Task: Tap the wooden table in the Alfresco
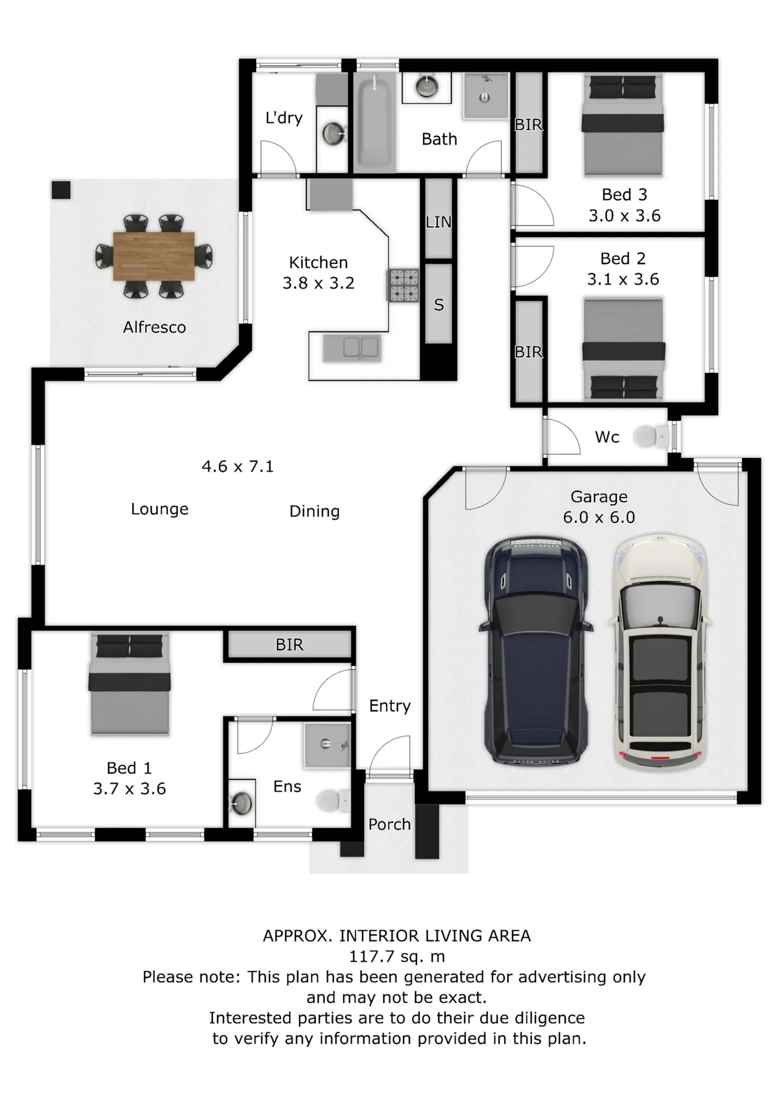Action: (x=154, y=257)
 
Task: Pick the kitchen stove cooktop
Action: (x=404, y=285)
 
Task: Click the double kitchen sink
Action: (x=352, y=348)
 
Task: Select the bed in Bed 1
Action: (x=129, y=684)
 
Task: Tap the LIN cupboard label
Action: (x=438, y=222)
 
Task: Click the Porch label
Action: (x=389, y=824)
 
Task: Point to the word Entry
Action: (x=390, y=706)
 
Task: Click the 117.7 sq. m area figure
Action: (x=397, y=956)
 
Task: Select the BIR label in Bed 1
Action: (x=289, y=644)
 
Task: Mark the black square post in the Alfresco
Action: (x=61, y=190)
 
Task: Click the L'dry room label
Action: (x=284, y=118)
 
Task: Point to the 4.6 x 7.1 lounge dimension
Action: (x=237, y=466)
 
